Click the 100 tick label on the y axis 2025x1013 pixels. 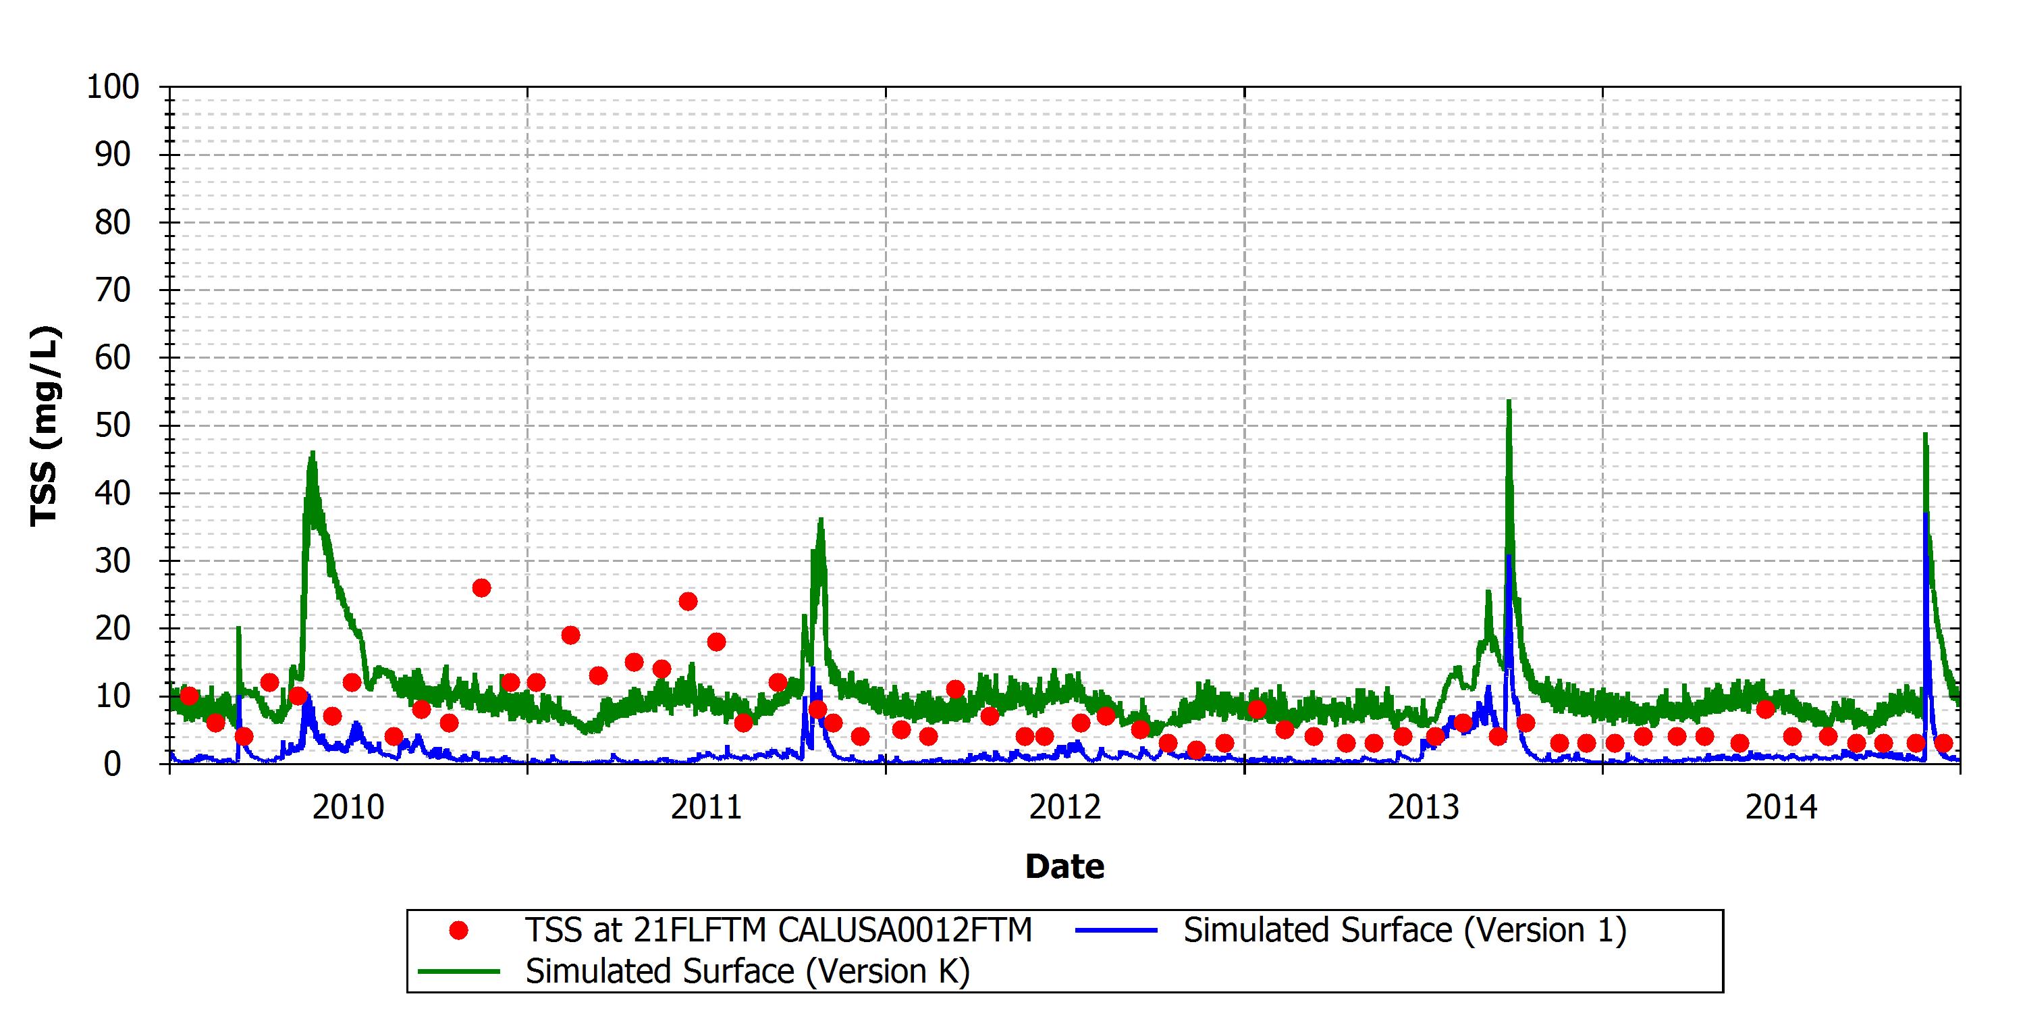pyautogui.click(x=113, y=86)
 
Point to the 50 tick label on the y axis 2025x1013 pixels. pyautogui.click(x=113, y=425)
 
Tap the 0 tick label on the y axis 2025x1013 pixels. pyautogui.click(x=113, y=764)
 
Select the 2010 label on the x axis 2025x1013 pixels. pyautogui.click(x=348, y=808)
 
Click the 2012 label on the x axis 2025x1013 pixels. pyautogui.click(x=1065, y=808)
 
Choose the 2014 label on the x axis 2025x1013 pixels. pyautogui.click(x=1782, y=808)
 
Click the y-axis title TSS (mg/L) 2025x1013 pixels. pyautogui.click(x=44, y=425)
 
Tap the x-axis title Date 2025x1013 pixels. pyautogui.click(x=1065, y=866)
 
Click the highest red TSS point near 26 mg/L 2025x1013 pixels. pyautogui.click(x=481, y=588)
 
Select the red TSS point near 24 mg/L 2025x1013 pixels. pyautogui.click(x=688, y=602)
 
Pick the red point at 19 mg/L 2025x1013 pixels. pyautogui.click(x=570, y=635)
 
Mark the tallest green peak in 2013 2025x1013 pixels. pyautogui.click(x=1509, y=401)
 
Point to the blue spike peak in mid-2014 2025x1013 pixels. pyautogui.click(x=1926, y=513)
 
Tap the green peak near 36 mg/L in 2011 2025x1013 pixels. pyautogui.click(x=821, y=519)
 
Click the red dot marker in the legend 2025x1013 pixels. pyautogui.click(x=458, y=931)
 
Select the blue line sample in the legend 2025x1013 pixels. pyautogui.click(x=1116, y=931)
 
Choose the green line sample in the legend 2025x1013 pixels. pyautogui.click(x=459, y=971)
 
